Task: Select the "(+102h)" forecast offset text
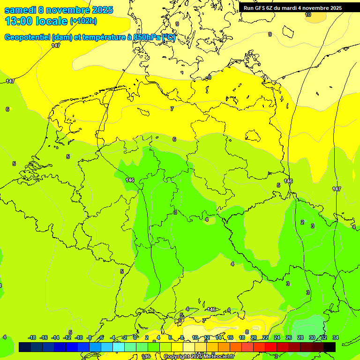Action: pos(83,21)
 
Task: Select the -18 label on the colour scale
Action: pos(32,337)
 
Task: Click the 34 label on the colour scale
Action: pos(336,337)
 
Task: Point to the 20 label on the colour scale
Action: pos(254,337)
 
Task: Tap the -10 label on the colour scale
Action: pos(79,337)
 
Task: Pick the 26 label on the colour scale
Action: pos(289,337)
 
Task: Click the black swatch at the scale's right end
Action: pos(330,347)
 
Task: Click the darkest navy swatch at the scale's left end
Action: pos(25,347)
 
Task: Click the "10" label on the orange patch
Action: pos(308,15)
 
